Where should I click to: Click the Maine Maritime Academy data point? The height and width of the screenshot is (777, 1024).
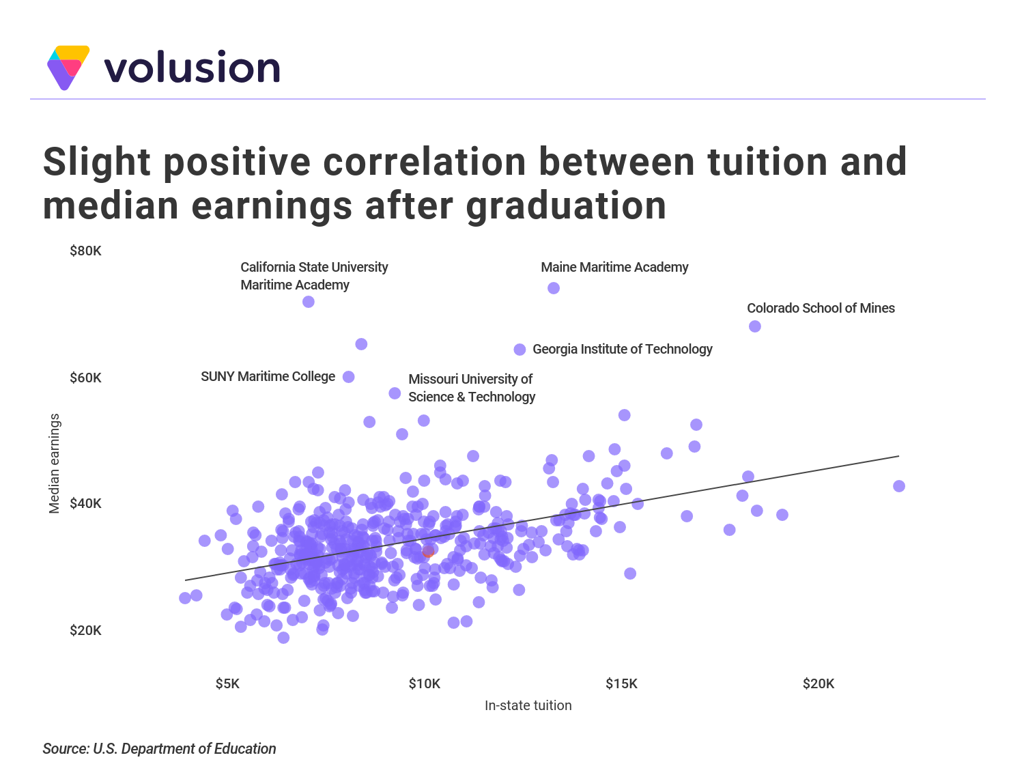553,288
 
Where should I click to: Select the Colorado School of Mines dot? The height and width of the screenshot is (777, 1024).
755,326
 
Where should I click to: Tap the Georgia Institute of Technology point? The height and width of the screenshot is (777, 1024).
520,350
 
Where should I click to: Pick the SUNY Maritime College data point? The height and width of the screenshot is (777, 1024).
348,377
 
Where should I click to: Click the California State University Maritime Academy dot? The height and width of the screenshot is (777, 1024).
309,302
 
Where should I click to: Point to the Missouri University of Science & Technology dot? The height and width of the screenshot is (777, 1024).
395,393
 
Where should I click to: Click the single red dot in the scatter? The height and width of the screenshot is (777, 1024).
428,552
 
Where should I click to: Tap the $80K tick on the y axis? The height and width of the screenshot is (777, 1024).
85,251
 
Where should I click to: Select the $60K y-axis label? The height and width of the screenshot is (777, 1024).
85,378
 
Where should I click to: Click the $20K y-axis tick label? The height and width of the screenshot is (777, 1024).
85,631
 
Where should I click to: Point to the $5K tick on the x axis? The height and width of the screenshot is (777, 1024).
227,683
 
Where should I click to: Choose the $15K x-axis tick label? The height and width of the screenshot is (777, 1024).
621,683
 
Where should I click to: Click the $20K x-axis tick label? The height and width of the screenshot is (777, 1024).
819,683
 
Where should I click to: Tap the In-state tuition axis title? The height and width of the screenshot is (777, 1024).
528,705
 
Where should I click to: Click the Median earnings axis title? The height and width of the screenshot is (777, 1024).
54,463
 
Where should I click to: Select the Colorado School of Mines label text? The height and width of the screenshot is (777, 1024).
821,309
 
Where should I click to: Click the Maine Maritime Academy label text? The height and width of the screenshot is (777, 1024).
614,267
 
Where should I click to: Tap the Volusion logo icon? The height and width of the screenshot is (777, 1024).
68,68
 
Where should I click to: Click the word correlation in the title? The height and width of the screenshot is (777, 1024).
425,162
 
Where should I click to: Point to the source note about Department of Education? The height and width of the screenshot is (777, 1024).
159,748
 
